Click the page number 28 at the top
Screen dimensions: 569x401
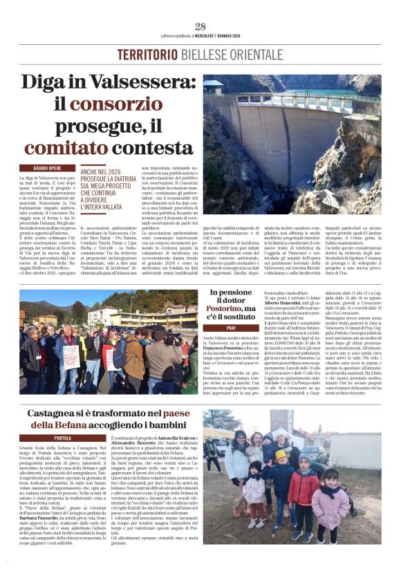pyautogui.click(x=200, y=26)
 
